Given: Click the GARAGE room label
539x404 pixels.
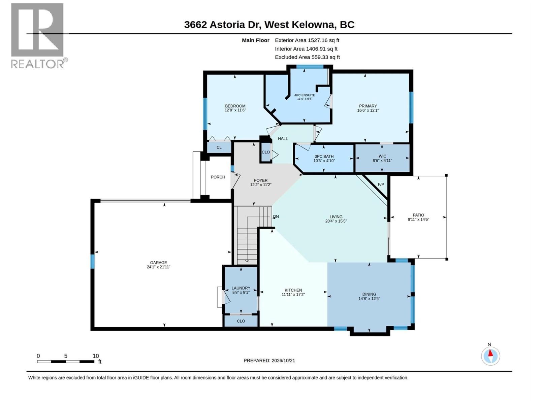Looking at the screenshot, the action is point(158,263).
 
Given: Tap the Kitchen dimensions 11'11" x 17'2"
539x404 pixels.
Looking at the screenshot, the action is point(293,294).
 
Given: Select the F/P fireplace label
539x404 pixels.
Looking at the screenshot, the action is point(381,184).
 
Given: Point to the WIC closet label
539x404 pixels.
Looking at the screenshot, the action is point(382,156).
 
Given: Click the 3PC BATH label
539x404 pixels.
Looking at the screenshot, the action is point(324,157).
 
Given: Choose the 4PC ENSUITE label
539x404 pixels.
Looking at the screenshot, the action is point(305,95).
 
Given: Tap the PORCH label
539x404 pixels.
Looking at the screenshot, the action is point(218,177).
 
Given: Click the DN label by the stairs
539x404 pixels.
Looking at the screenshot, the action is point(276,216).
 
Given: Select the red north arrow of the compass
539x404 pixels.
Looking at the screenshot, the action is point(490,353).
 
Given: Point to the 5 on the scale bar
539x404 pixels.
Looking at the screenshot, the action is point(66,356).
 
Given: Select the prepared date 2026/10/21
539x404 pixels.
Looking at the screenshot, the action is point(283,361).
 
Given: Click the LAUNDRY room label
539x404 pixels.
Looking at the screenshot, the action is point(241,288).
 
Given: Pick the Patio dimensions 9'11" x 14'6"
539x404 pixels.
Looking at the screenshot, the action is point(418,219).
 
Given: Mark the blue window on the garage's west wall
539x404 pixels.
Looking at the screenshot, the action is point(92,262).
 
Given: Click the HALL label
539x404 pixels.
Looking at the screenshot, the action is point(283,139).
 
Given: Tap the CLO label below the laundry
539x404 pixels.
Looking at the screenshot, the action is point(241,321).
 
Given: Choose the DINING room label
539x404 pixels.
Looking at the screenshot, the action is point(369,294).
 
